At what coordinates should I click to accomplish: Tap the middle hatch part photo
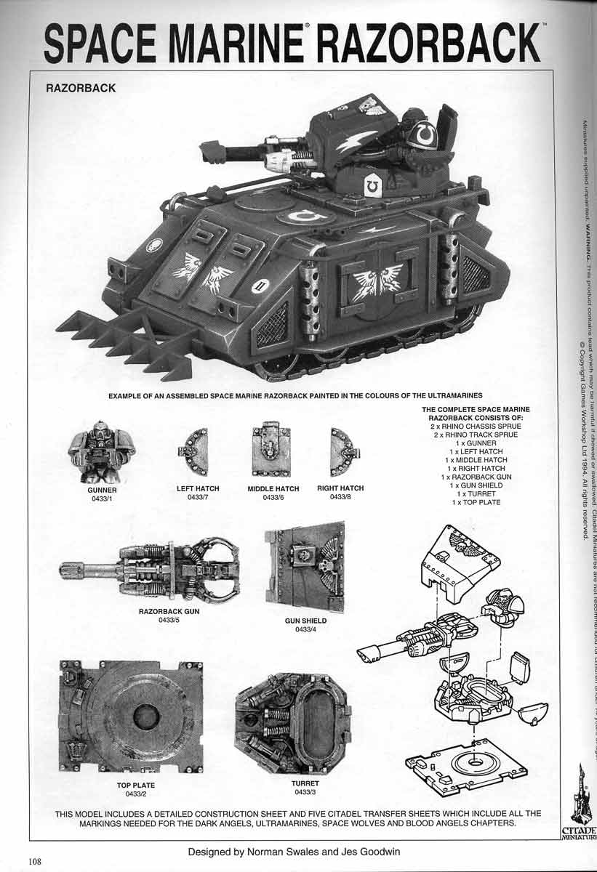pyautogui.click(x=271, y=451)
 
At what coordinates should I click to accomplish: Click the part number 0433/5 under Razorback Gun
pyautogui.click(x=169, y=620)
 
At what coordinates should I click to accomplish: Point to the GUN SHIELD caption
pyautogui.click(x=305, y=621)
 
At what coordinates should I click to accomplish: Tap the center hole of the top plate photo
pyautogui.click(x=146, y=716)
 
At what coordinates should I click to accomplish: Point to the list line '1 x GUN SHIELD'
pyautogui.click(x=476, y=485)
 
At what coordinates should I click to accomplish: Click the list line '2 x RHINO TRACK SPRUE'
pyautogui.click(x=476, y=435)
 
